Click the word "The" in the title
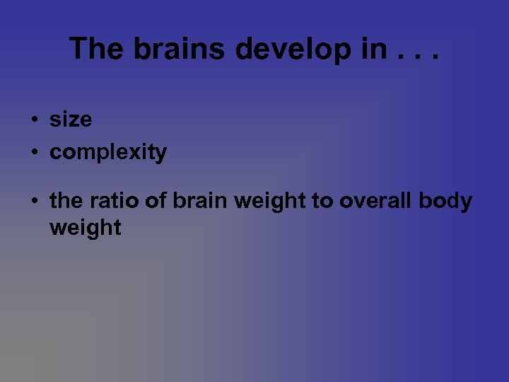pos(93,48)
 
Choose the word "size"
pos(71,120)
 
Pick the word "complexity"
pos(108,153)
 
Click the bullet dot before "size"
pos(34,120)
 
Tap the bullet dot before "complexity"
pos(34,153)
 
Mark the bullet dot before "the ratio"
pos(34,202)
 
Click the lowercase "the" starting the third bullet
pos(66,201)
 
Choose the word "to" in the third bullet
pos(322,201)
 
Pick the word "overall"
pos(374,201)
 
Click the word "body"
pos(445,202)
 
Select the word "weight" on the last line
pos(86,229)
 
